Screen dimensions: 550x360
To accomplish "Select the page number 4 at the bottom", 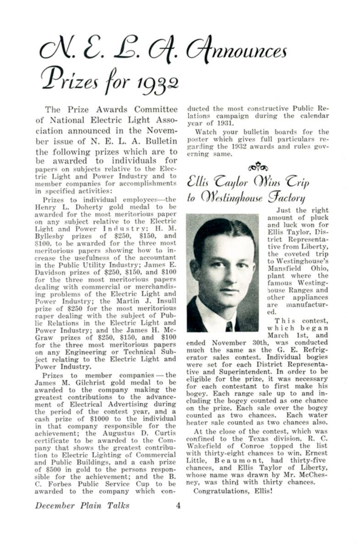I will click(x=179, y=506).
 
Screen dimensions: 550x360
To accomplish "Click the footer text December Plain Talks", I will click(x=82, y=506).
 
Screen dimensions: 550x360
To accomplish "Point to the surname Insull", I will click(x=163, y=302).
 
